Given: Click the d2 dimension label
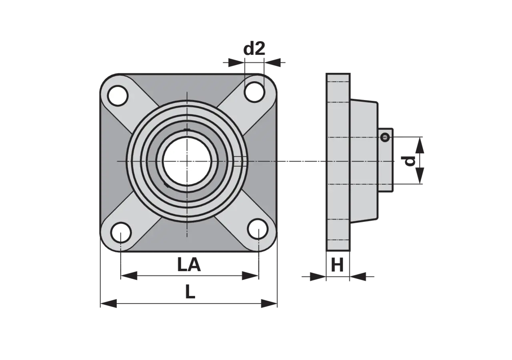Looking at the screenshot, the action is pyautogui.click(x=254, y=49).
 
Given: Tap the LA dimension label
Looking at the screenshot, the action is pyautogui.click(x=189, y=265).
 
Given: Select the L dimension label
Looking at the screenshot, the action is pyautogui.click(x=190, y=292).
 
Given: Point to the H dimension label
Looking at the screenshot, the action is pyautogui.click(x=337, y=265).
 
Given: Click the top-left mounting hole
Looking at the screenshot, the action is pyautogui.click(x=118, y=96).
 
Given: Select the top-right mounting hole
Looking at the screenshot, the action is pyautogui.click(x=254, y=92).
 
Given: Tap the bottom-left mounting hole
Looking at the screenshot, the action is pyautogui.click(x=121, y=232).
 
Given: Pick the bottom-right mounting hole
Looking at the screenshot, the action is pyautogui.click(x=258, y=229).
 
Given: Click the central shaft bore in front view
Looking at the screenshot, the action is pyautogui.click(x=187, y=161).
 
